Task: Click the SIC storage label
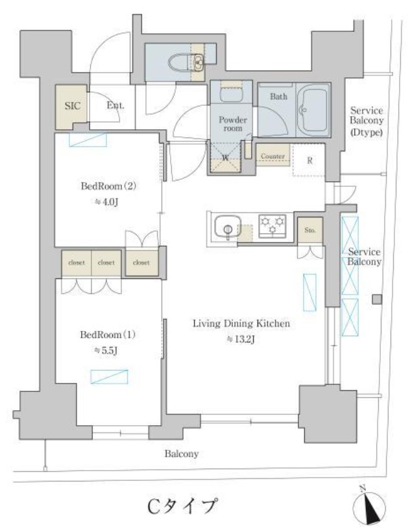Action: coord(73,106)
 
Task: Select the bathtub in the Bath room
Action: coord(313,109)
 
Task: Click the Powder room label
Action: coord(232,124)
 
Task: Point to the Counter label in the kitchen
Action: coord(272,156)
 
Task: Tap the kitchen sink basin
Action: coord(228,228)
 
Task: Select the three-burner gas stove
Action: coord(272,226)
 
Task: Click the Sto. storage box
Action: coord(310,230)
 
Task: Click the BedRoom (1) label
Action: coord(108,335)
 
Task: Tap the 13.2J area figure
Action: coord(241,339)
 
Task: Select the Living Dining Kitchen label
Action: coord(241,324)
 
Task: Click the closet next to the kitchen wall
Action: coord(141,262)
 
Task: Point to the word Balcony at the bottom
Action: coord(182,454)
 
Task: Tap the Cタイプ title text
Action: coord(182,506)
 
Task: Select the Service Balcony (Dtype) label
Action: coord(367,121)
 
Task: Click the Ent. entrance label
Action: coord(115,106)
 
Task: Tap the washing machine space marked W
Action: coord(226,158)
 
